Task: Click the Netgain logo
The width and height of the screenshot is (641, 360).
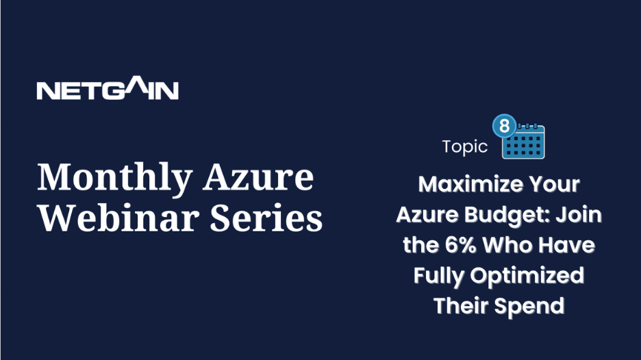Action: pos(108,88)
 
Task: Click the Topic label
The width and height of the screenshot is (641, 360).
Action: pos(465,146)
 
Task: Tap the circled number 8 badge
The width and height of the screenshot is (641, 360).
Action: pos(505,126)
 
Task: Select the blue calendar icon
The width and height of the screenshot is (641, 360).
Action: pos(523,141)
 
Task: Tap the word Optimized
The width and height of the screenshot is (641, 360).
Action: pos(527,276)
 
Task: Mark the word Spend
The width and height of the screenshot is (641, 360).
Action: pos(529,307)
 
